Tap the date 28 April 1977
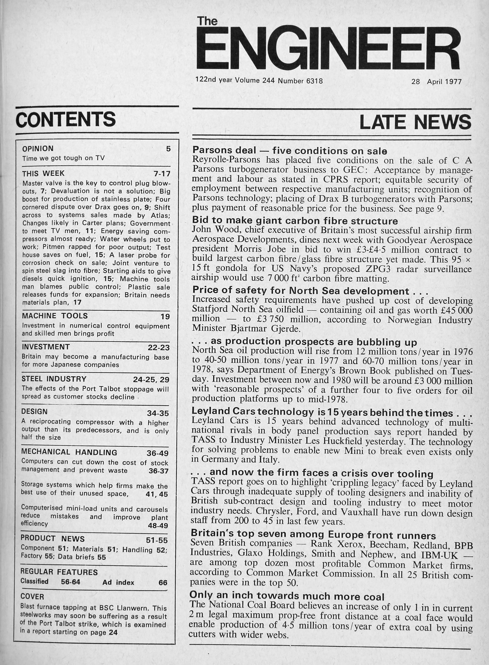coord(436,81)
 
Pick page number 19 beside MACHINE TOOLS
coord(165,317)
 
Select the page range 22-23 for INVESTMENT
coord(159,348)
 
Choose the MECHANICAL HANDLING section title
coord(69,452)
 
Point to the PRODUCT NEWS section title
coord(52,538)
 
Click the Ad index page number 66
coord(163,583)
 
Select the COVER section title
coord(32,596)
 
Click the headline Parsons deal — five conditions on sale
coord(290,151)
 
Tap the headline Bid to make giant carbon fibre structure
coord(295,221)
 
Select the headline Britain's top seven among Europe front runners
coord(313,535)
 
